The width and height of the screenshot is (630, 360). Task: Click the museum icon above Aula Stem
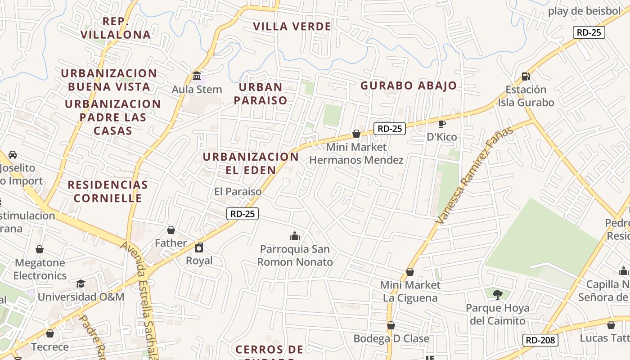click(197, 76)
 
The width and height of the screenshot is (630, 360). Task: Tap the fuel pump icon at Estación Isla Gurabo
click(526, 76)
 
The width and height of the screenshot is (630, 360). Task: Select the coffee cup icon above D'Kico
click(442, 124)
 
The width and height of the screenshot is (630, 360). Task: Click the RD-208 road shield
click(540, 340)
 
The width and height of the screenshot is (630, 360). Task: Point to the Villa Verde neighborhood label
click(292, 27)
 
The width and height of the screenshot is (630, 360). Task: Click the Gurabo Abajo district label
click(409, 85)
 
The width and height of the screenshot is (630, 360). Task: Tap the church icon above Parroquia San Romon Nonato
click(295, 236)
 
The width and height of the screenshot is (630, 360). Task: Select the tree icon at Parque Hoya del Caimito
click(497, 295)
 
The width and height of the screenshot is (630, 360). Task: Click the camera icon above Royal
click(199, 247)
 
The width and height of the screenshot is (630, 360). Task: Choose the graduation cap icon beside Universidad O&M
click(81, 283)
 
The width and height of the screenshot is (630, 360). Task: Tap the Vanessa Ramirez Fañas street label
click(475, 175)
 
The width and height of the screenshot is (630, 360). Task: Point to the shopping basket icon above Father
click(171, 230)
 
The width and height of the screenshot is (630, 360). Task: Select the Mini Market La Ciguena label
click(409, 291)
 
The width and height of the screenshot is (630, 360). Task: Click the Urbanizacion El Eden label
click(251, 163)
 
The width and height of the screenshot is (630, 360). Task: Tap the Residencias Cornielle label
click(108, 191)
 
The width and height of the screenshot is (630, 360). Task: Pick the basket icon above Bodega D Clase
click(391, 325)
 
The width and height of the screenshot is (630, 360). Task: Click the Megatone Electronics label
click(40, 269)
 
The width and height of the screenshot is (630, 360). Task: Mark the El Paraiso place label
click(238, 191)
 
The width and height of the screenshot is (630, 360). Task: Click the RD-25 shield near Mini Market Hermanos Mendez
click(389, 129)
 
